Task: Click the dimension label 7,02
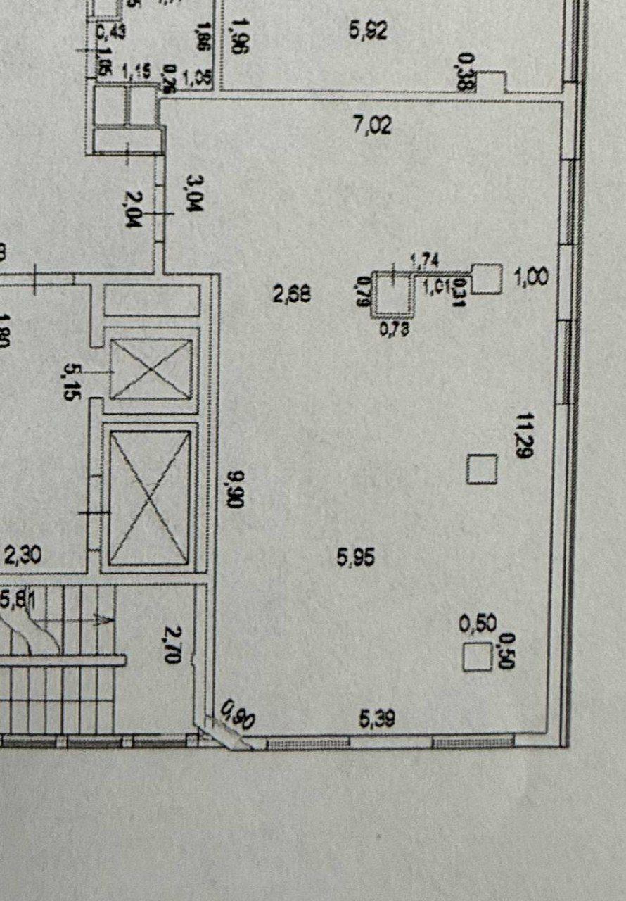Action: point(372,127)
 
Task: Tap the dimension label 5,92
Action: point(369,31)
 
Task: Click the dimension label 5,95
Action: point(356,559)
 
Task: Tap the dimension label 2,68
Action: point(292,294)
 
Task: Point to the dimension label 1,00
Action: point(532,278)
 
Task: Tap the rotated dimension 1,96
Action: point(238,39)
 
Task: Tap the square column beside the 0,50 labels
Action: point(478,657)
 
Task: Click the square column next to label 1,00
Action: point(487,279)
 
